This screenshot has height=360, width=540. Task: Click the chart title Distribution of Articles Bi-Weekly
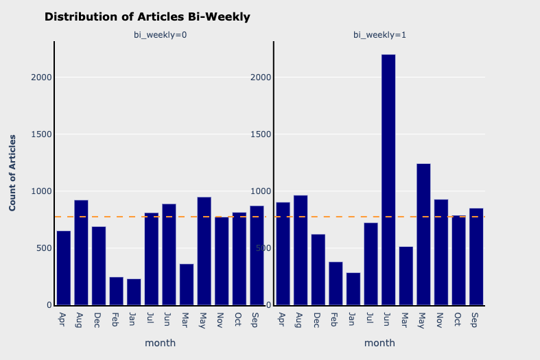pos(147,17)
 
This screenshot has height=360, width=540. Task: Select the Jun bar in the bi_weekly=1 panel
pos(388,180)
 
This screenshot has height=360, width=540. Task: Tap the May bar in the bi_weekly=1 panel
pos(423,235)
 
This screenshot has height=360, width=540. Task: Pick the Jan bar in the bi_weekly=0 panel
pos(134,292)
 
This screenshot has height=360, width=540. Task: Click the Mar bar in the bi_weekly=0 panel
pos(187,285)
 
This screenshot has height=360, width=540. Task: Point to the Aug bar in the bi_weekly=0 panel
pos(81,252)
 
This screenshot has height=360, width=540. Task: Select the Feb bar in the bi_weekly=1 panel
pos(336,284)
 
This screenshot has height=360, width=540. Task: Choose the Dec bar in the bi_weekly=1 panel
pos(318,269)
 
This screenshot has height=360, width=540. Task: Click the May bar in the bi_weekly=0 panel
pos(204,251)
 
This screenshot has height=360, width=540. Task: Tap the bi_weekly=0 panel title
pos(161,35)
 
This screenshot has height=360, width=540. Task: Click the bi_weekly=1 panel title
pos(379,35)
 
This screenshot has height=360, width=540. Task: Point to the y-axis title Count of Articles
pos(12,173)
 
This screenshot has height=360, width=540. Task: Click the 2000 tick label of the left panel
pos(41,77)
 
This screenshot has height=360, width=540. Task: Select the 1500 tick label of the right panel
pos(261,134)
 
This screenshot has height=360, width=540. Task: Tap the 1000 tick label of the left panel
pos(41,191)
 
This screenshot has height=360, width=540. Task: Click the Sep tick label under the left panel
pos(255,320)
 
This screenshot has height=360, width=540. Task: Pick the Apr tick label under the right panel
pos(282,320)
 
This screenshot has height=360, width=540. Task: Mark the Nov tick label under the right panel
pos(439,320)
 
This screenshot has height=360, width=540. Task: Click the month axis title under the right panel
pos(379,343)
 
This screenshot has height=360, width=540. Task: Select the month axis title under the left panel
pos(161,343)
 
